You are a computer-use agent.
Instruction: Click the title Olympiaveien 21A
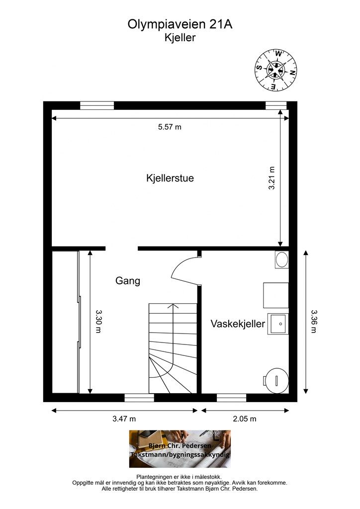180,24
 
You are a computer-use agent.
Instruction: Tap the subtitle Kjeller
180,37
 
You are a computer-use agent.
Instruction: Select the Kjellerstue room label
170,178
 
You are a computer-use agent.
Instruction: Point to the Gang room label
128,281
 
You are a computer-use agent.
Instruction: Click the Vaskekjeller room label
237,324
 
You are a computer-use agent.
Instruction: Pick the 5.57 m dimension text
170,127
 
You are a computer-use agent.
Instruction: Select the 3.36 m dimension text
313,322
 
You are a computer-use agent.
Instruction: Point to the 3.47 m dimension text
124,419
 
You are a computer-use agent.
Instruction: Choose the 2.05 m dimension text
244,419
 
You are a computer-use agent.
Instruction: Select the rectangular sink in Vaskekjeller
278,324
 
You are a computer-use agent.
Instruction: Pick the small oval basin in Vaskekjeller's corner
282,260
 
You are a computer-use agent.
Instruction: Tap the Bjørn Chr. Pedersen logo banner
180,449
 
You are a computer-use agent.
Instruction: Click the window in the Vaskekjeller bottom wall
232,397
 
